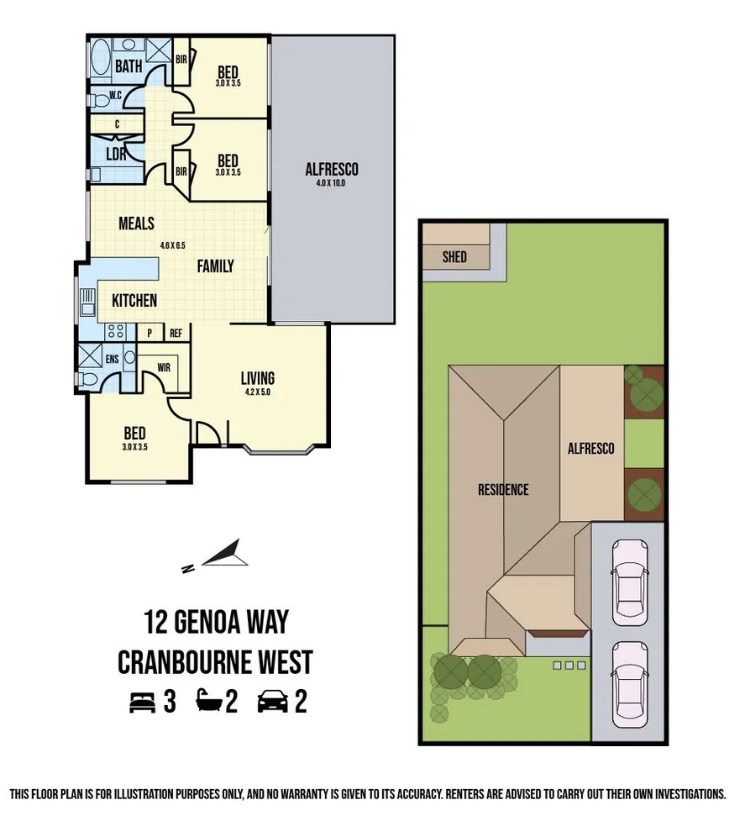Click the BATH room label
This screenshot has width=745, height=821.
point(128,66)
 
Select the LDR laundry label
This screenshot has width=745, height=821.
point(116,155)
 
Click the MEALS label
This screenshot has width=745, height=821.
point(136,224)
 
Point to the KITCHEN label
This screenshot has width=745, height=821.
point(134,300)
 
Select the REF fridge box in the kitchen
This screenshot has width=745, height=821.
point(176,333)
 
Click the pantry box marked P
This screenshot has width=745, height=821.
point(150,333)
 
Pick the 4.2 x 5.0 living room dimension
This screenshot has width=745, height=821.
point(258,392)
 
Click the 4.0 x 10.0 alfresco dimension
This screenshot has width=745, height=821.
point(332,182)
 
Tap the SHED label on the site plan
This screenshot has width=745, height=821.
point(454,257)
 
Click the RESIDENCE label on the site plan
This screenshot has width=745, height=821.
point(503,489)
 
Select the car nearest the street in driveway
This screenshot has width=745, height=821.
point(629,682)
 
